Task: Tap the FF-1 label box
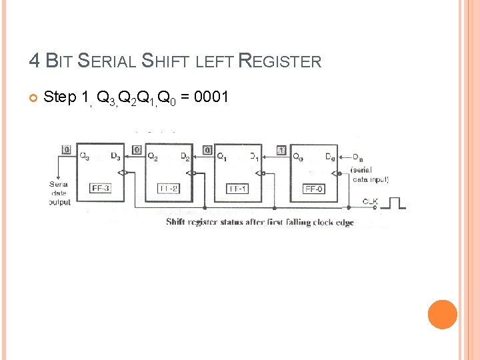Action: pos(237,189)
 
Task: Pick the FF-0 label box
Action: pos(314,189)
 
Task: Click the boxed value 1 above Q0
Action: pos(282,150)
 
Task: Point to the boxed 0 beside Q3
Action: pos(66,150)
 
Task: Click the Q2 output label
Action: pos(153,157)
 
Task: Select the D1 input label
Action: pos(254,157)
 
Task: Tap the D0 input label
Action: pos(329,157)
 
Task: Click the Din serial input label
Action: pos(357,157)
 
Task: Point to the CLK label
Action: pos(371,201)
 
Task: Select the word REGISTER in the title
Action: pos(279,62)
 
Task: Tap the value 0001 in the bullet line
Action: pos(211,98)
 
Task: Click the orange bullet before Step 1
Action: pos(33,99)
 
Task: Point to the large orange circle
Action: pos(442,314)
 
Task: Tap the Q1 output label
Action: pos(222,157)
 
